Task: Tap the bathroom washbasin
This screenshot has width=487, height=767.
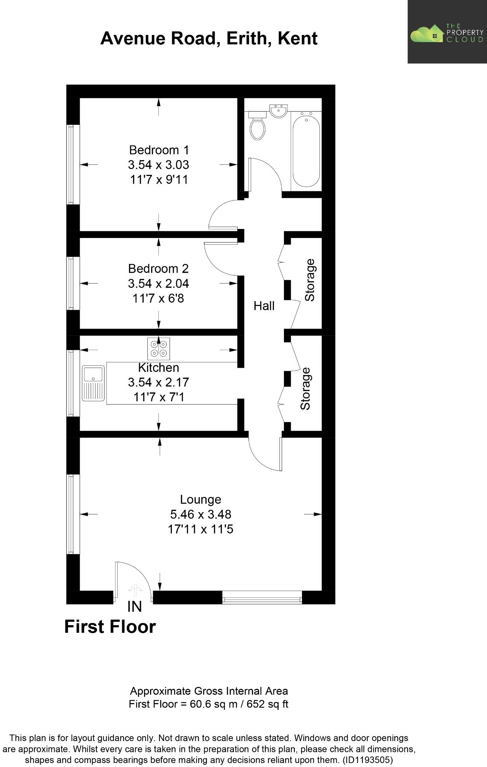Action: point(279,111)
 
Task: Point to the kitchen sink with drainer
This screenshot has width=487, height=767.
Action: point(93,383)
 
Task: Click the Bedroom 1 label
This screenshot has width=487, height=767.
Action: point(159,150)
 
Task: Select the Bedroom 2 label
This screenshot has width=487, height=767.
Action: point(158,268)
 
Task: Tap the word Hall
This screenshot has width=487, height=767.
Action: point(264,306)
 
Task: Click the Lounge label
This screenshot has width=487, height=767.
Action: point(200,499)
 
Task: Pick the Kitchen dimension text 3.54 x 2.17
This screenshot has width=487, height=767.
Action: point(158,382)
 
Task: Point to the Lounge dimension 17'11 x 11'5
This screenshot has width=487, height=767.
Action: point(200,529)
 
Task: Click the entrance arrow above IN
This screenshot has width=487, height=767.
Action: point(135,590)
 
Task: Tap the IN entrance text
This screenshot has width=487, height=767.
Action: point(134,606)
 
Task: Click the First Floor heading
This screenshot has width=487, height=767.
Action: point(110,627)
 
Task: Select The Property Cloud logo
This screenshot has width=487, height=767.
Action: point(447,32)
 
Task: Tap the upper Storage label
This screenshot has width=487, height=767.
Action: point(310,280)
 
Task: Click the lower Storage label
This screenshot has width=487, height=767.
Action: point(305,389)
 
